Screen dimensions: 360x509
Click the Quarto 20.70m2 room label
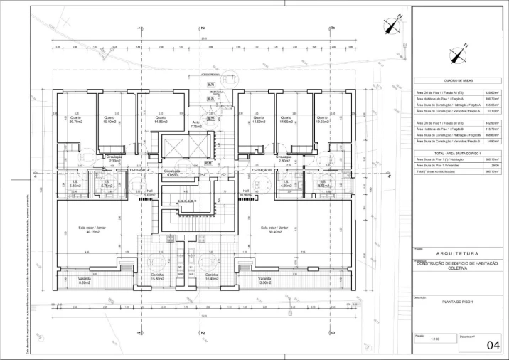(x=76, y=120)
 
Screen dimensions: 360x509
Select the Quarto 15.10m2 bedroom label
(x=109, y=120)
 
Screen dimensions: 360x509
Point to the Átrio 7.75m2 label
(x=196, y=124)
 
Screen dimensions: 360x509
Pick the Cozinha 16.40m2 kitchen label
(x=211, y=277)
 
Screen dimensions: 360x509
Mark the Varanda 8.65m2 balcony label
(x=84, y=280)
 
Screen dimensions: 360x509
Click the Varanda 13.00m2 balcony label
(x=265, y=280)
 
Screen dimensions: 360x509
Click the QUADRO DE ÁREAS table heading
(x=458, y=81)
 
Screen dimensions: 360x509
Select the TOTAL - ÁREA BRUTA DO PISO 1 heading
(x=458, y=153)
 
